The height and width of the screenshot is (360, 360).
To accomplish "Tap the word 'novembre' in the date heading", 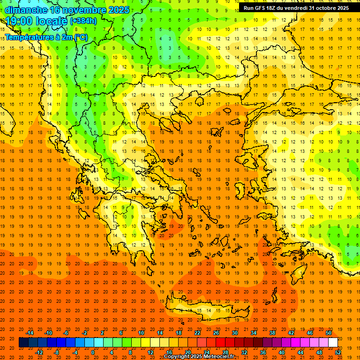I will [x=84, y=10].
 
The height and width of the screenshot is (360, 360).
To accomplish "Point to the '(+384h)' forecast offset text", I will [x=83, y=21].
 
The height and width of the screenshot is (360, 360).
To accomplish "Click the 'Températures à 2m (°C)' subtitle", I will [x=46, y=37].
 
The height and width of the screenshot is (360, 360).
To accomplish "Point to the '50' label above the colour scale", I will [x=329, y=333].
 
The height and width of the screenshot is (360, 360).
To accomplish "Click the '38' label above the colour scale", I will [x=272, y=333].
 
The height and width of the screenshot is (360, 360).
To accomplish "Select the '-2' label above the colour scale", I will [x=85, y=333].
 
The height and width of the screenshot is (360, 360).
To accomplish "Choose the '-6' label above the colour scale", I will [x=66, y=333].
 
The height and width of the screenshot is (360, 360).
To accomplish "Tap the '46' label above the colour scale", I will [x=310, y=333].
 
